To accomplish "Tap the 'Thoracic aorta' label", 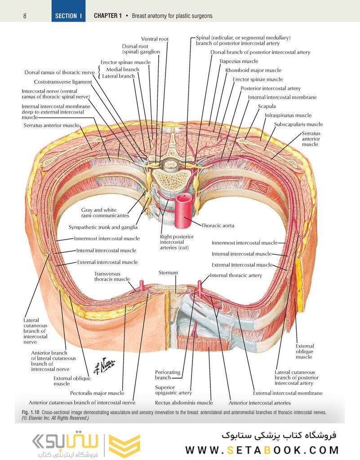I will [218, 225].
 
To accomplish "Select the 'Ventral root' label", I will [155, 39].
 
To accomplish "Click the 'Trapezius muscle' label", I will [239, 61].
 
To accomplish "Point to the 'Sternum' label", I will [168, 272].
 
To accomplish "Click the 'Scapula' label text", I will [267, 107].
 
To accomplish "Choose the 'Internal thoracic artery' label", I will [236, 275].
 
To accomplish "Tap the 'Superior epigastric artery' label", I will [173, 390].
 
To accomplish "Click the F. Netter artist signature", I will [104, 366].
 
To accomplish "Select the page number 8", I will [24, 16].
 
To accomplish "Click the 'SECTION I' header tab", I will [68, 16].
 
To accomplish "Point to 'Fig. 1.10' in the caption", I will [31, 412].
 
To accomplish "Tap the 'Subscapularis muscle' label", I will [298, 124].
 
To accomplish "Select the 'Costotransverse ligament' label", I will [63, 82].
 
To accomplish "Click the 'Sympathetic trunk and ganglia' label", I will [103, 227].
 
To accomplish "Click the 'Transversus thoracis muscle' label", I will [112, 276].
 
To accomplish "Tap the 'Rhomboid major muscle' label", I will [253, 70].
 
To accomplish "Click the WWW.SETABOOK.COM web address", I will [262, 450].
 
